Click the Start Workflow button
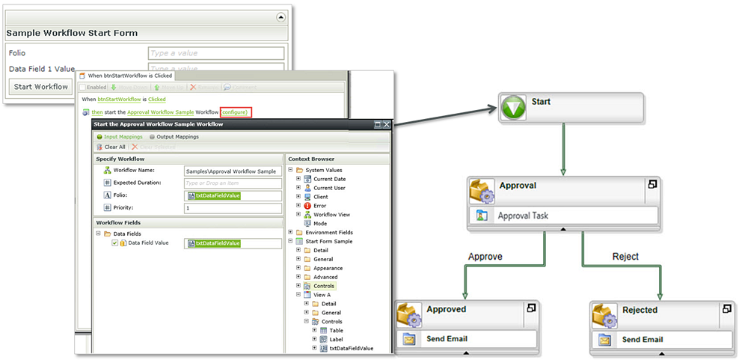point(41,87)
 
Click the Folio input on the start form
point(215,53)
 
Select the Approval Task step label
point(524,216)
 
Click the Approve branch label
point(485,256)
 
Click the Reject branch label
point(625,256)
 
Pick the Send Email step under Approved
point(447,339)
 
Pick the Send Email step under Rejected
point(642,339)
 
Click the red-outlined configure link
point(236,112)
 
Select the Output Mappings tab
point(177,137)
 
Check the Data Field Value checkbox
point(114,243)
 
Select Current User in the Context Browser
point(330,188)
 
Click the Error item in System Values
point(319,206)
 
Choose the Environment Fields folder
point(329,233)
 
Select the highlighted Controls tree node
point(325,286)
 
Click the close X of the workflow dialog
point(387,124)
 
